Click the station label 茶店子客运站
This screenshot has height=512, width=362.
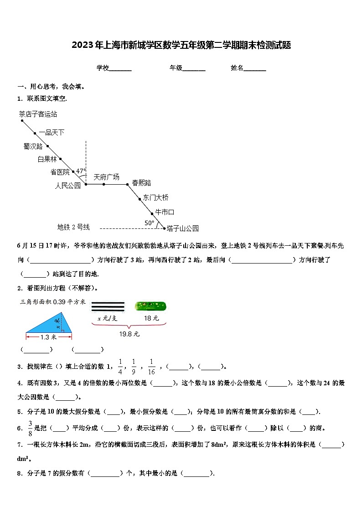coord(38,114)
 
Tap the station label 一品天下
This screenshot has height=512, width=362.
coord(52,132)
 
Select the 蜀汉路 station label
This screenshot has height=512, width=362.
coord(33,146)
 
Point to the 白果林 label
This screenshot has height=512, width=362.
coord(47,159)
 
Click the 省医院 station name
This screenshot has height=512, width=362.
coord(60,172)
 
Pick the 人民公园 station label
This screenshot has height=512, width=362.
coord(67,185)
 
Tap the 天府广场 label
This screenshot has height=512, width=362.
coord(106,177)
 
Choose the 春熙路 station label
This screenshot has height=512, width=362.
coord(141,183)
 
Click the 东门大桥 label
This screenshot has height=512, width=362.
coord(155,197)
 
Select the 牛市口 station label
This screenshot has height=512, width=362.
coord(165,212)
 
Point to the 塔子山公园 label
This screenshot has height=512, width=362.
coord(182,228)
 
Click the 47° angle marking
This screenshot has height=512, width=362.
coord(81,171)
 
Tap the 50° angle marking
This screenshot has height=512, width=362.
coord(150,223)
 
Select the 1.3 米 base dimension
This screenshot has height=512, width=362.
coord(48,337)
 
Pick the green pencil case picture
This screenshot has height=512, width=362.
coord(150,306)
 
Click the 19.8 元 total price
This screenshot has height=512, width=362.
coord(129,334)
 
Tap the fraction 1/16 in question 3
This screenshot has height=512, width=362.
coord(151,367)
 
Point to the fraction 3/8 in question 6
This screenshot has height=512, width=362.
coord(30,428)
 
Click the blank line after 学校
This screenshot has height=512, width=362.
coord(120,68)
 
